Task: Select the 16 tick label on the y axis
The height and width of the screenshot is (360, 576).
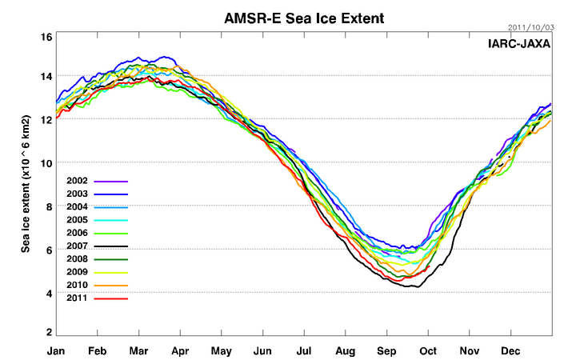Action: (x=46, y=37)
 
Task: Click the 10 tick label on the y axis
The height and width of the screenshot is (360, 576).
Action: (x=46, y=163)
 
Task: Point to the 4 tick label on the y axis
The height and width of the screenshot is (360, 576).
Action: (x=49, y=294)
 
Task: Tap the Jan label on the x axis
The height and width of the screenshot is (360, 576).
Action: (x=56, y=350)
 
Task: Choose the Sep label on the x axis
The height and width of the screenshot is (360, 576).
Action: (x=386, y=350)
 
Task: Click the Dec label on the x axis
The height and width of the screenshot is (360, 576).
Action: (x=510, y=350)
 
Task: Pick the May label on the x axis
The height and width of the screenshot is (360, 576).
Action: (x=222, y=350)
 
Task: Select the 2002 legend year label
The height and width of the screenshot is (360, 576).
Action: (x=78, y=182)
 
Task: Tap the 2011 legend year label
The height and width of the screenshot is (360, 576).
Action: (x=78, y=298)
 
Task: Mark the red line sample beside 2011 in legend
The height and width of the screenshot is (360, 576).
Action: (x=111, y=298)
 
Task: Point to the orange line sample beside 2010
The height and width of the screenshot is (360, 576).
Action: (x=111, y=286)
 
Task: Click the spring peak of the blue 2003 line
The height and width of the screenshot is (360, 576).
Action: (x=166, y=57)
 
